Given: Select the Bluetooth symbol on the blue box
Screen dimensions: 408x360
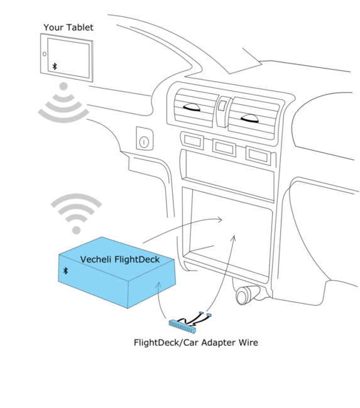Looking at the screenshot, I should pyautogui.click(x=65, y=271).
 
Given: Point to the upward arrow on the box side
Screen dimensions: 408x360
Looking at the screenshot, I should pyautogui.click(x=158, y=287).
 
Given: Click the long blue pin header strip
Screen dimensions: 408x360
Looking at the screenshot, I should pyautogui.click(x=182, y=326).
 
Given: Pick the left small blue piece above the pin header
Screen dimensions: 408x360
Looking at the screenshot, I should pyautogui.click(x=201, y=312).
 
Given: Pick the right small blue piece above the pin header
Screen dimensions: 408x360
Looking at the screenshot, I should pyautogui.click(x=209, y=314).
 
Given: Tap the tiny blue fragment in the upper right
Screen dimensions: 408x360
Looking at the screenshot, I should pyautogui.click(x=249, y=118).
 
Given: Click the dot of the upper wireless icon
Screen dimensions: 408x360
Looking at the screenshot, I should pyautogui.click(x=63, y=86).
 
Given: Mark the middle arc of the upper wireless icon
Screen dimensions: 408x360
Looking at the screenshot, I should pyautogui.click(x=63, y=107).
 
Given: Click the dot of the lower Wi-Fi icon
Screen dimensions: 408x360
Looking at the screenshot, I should pyautogui.click(x=76, y=230).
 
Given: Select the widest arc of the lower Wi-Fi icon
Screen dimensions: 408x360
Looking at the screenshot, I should pyautogui.click(x=76, y=197).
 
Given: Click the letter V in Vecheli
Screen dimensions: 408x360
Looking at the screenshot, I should pyautogui.click(x=84, y=259).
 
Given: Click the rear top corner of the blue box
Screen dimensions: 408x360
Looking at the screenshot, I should pyautogui.click(x=102, y=237).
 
